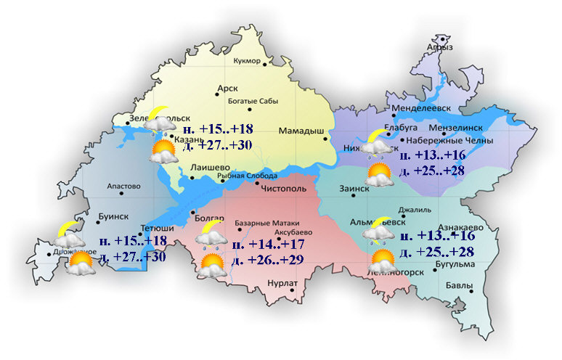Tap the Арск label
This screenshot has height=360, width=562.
(227, 89)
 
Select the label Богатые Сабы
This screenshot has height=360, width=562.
(249, 100)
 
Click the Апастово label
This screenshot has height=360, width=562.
(123, 186)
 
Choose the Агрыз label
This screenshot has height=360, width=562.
(440, 47)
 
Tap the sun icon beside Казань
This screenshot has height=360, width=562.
(163, 151)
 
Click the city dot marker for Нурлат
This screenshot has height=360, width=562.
(291, 290)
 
